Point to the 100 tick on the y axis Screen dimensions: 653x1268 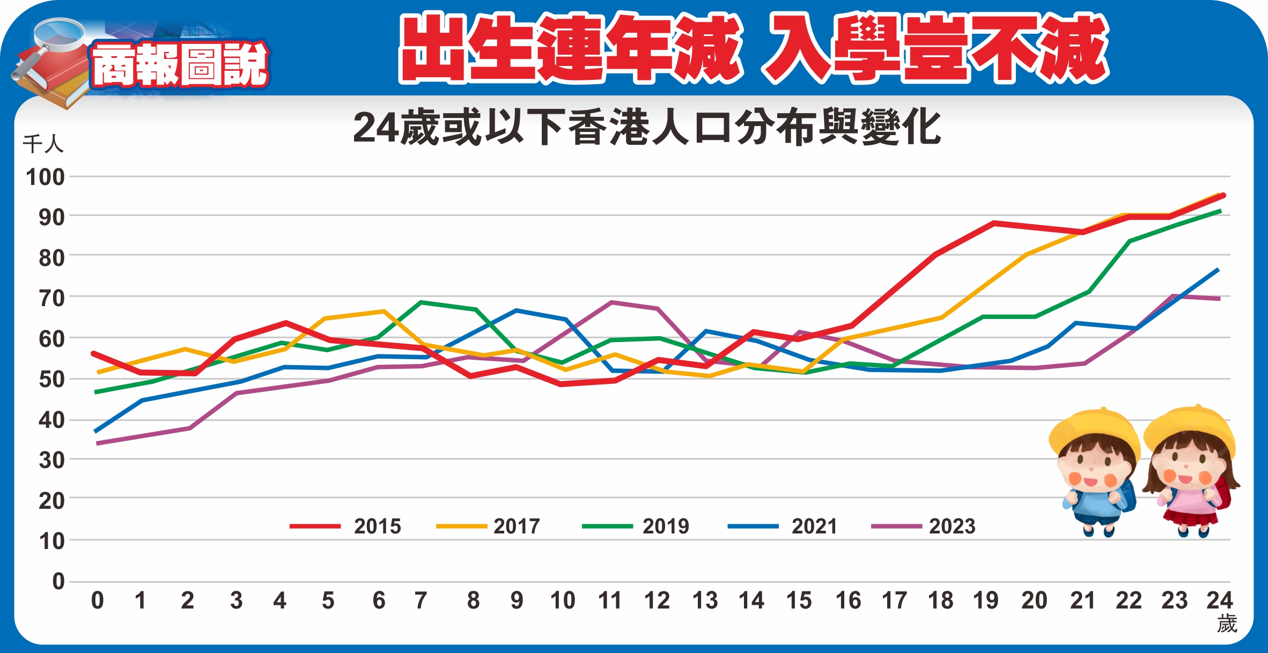[x=46, y=177]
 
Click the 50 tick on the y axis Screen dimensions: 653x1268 [x=51, y=380]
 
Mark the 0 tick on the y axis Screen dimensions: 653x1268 [x=58, y=581]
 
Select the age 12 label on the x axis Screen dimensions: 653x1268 [x=657, y=600]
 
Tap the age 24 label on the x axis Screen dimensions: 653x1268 [x=1219, y=600]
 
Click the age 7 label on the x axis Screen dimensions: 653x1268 [x=421, y=600]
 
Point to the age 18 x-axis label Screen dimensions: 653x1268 [x=941, y=600]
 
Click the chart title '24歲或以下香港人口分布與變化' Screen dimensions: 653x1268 [x=646, y=128]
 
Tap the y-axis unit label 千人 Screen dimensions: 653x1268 [x=43, y=144]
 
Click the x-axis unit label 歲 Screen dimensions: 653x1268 [x=1227, y=624]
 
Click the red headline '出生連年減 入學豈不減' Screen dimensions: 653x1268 [x=754, y=48]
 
